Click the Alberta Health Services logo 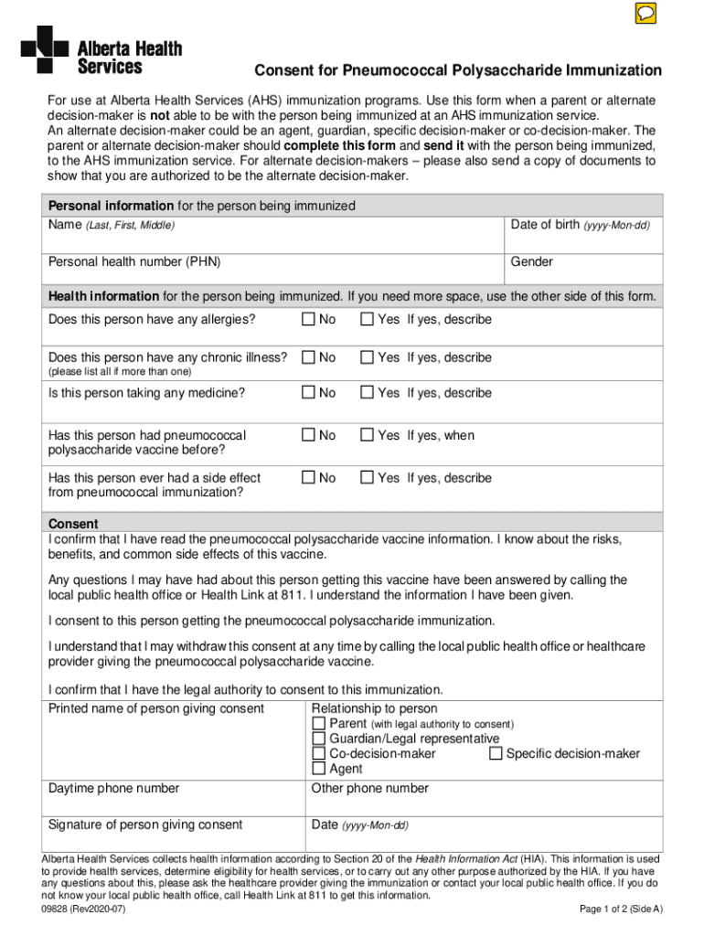coord(101,49)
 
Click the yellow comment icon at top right coord(645,14)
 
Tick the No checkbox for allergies coord(308,319)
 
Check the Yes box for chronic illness coord(367,357)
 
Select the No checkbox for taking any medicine coord(308,393)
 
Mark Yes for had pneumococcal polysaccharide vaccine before coord(367,436)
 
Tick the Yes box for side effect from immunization coord(367,478)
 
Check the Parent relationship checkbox coord(319,724)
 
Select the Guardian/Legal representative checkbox coord(319,739)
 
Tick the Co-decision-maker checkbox coord(319,754)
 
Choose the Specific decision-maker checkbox coord(496,754)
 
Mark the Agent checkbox coord(319,769)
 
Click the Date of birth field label coord(580,225)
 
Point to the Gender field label coord(531,262)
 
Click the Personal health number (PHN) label coord(134,262)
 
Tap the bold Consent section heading coord(73,525)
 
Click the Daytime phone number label coord(113,788)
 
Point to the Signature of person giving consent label coord(145,824)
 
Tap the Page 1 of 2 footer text coord(621,909)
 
